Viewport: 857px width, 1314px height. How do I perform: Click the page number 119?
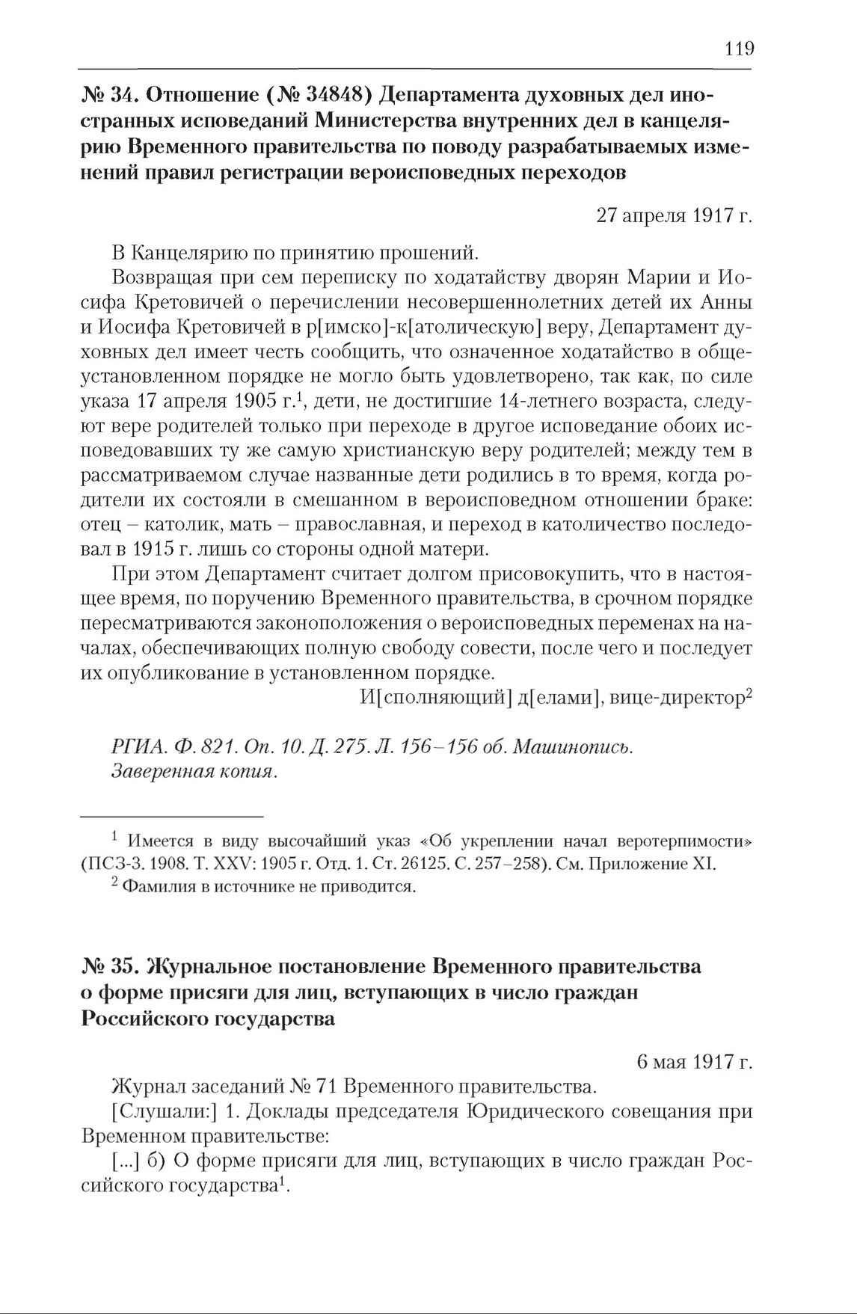point(739,49)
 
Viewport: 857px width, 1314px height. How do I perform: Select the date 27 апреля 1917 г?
point(674,215)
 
